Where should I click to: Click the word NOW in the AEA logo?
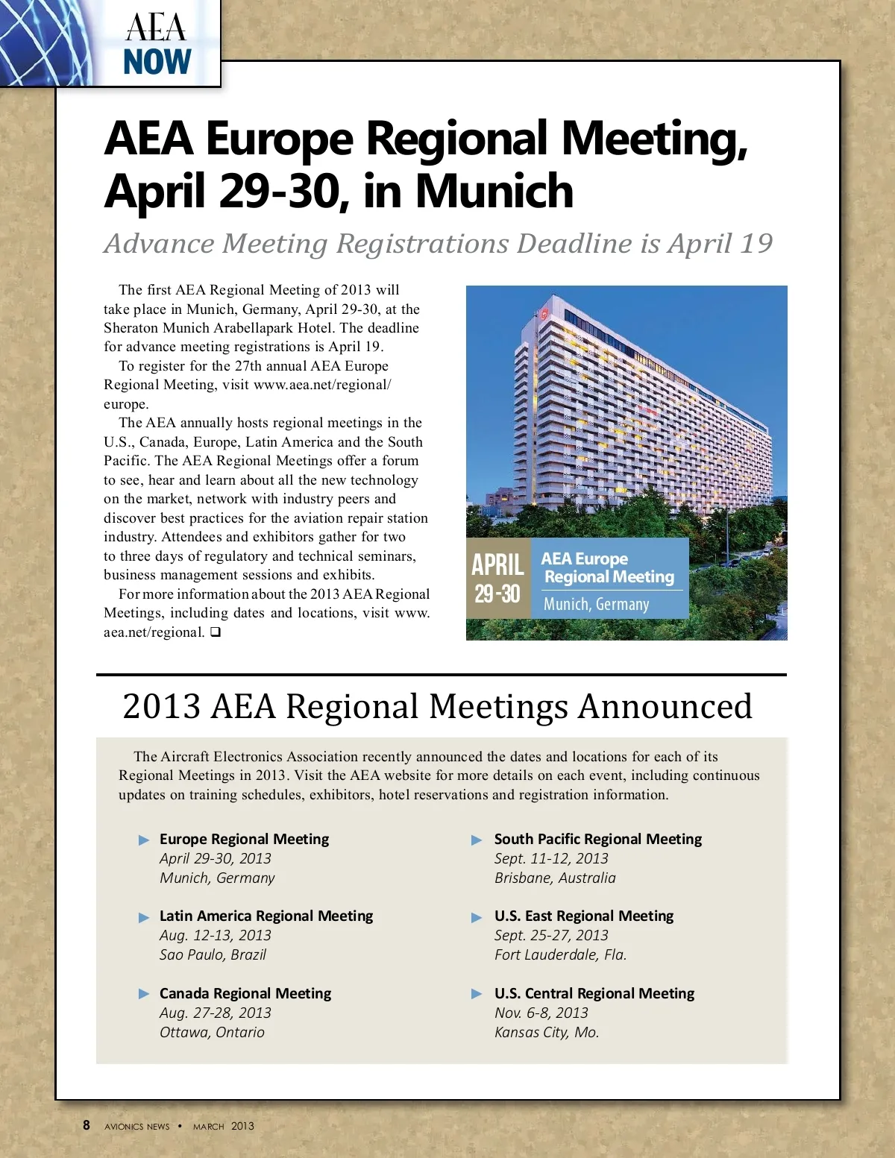point(157,62)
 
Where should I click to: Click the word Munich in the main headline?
point(494,191)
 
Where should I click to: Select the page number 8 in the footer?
point(87,1125)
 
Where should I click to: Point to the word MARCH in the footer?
point(208,1127)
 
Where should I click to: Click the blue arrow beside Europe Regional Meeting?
point(144,840)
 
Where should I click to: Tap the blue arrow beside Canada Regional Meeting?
point(144,994)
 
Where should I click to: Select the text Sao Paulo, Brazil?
point(213,954)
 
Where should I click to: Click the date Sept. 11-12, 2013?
point(551,858)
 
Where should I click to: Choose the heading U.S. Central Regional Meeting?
point(594,993)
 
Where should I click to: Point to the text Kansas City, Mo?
point(547,1032)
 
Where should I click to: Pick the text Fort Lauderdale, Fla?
point(560,954)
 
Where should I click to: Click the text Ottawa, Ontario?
point(212,1032)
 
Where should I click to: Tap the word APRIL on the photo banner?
point(497,564)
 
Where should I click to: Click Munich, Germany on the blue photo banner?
point(596,604)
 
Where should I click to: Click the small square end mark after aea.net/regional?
point(215,632)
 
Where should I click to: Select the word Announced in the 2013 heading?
point(665,706)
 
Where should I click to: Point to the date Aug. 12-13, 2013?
point(215,935)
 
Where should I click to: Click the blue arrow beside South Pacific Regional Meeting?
point(477,840)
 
